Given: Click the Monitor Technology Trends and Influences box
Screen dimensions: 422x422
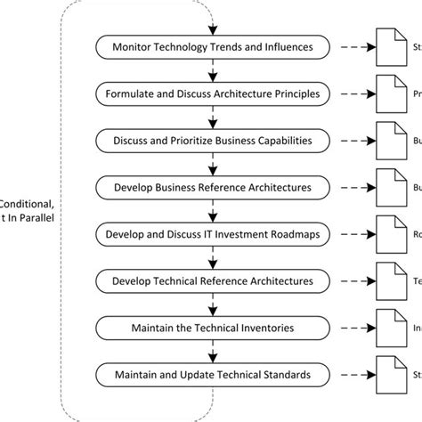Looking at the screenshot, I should (212, 45).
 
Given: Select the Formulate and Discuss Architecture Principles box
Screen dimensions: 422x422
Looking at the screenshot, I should (212, 93).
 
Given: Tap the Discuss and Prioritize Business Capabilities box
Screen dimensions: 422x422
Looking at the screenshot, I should (212, 140).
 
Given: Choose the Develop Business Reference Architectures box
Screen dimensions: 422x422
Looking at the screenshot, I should (212, 187).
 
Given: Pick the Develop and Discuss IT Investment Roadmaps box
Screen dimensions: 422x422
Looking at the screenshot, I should (212, 234).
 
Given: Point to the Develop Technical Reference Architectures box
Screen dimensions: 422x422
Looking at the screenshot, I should (212, 281).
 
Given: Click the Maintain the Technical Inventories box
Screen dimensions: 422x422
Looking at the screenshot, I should (212, 329).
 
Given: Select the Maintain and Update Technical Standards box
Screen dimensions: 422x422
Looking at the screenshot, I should (212, 375).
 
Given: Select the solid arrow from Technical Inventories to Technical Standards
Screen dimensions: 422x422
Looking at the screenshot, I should (212, 352).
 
